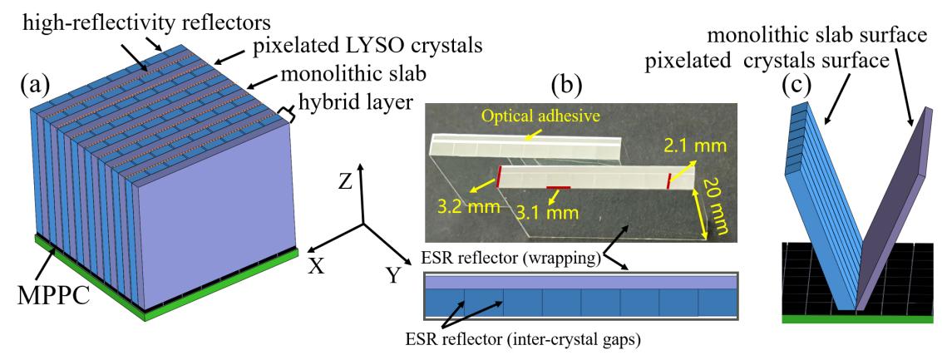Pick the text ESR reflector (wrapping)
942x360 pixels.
coord(508,259)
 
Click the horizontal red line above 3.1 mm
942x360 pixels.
coord(559,188)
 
